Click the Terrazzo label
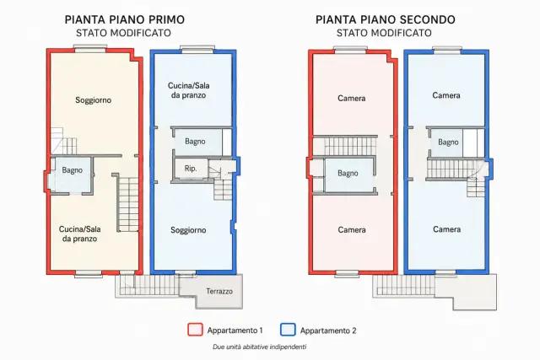click(219, 291)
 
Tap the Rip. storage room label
click(191, 169)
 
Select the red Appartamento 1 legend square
click(195, 330)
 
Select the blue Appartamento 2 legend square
click(288, 330)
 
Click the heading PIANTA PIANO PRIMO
click(125, 19)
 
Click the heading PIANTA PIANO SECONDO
click(386, 19)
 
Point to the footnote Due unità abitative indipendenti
click(259, 347)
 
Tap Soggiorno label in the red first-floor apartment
click(94, 100)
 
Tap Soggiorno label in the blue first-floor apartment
click(188, 230)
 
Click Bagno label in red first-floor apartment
click(73, 170)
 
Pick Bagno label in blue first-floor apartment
click(195, 142)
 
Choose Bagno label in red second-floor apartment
click(348, 173)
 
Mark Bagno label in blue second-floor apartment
click(448, 142)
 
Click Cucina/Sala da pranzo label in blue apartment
click(188, 90)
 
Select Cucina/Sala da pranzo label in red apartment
click(79, 234)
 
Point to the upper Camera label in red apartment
click(351, 99)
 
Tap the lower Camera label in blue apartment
click(446, 229)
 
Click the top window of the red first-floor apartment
click(90, 49)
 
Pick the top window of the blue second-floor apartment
click(446, 50)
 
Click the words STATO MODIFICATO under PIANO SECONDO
click(384, 33)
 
